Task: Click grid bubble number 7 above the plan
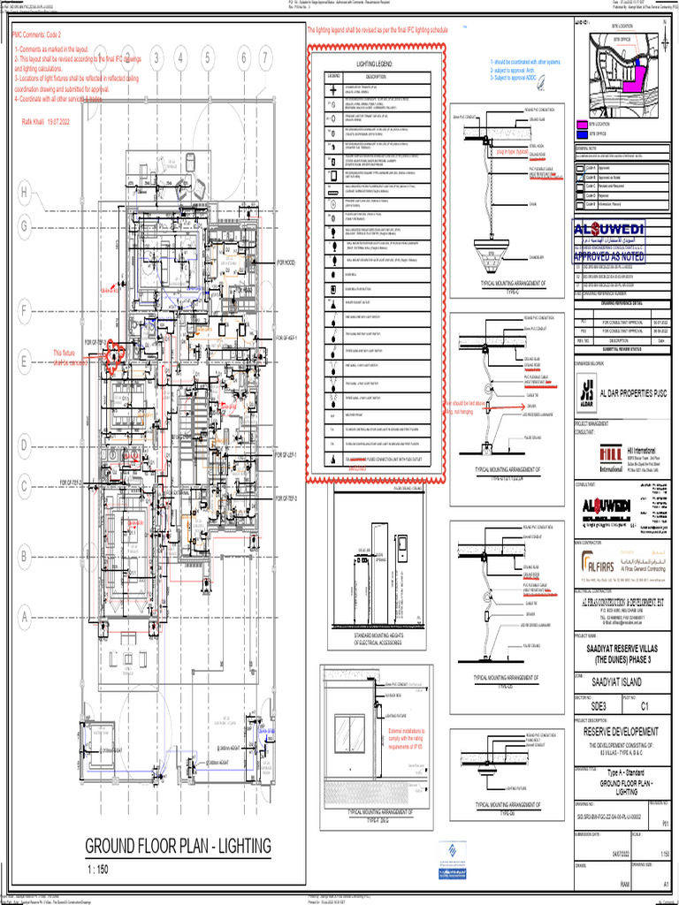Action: coord(265,58)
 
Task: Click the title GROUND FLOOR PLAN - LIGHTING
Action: coord(178,847)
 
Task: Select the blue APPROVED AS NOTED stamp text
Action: coord(621,256)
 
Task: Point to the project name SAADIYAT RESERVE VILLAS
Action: coord(621,648)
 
